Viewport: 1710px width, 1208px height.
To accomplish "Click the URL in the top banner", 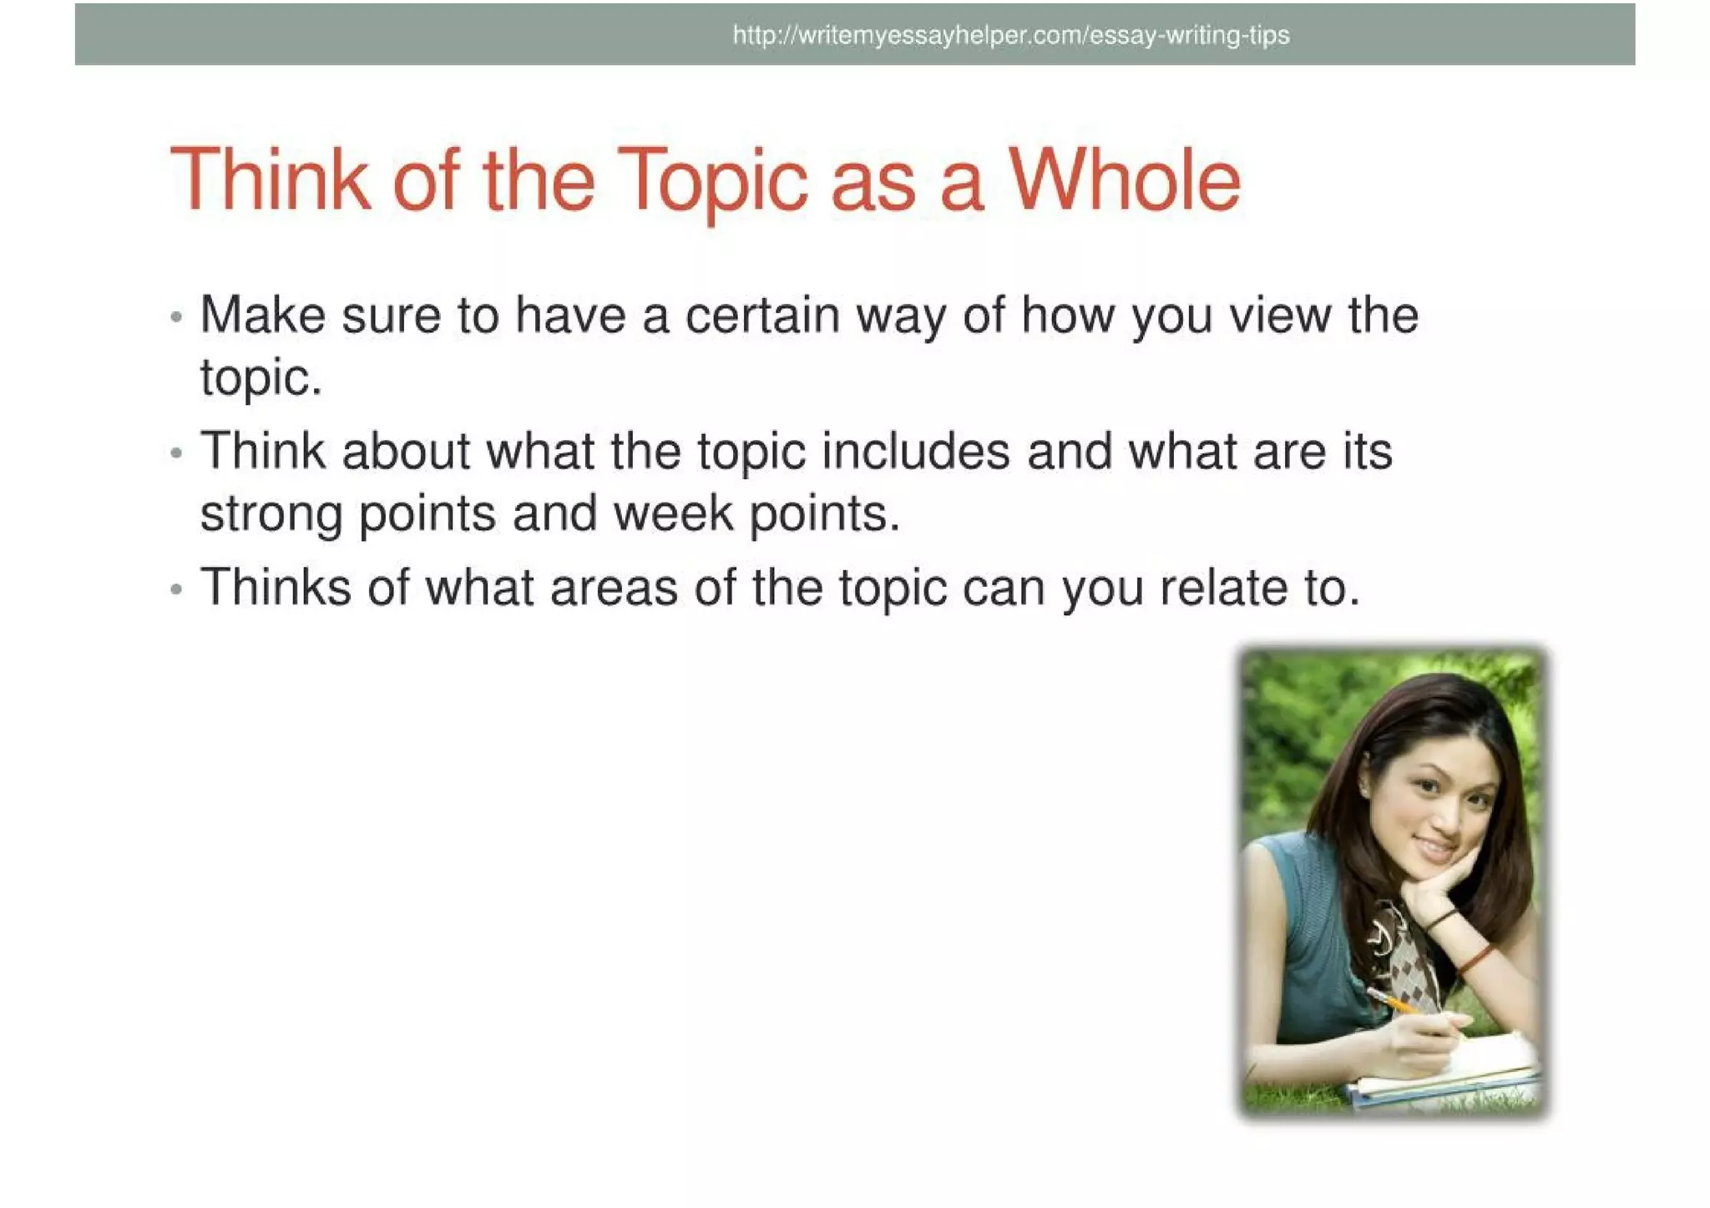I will (1011, 35).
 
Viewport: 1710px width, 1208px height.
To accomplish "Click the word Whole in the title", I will (1125, 180).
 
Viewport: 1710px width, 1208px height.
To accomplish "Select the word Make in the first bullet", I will (262, 316).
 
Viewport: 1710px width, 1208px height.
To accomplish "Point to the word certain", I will (762, 316).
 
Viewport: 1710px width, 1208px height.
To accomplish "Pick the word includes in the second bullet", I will (916, 452).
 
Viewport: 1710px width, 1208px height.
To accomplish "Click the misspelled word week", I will (674, 513).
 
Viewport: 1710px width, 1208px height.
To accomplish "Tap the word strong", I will (271, 514).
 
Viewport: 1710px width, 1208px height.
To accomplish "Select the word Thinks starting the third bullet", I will (276, 587).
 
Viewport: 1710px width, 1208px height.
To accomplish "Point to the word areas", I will (614, 589).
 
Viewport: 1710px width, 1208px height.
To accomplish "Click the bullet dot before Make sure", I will (175, 317).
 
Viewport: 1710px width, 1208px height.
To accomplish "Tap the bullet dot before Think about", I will (175, 453).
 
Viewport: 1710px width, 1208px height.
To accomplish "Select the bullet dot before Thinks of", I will (175, 589).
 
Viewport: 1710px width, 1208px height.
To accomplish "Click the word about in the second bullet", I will (406, 452).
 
